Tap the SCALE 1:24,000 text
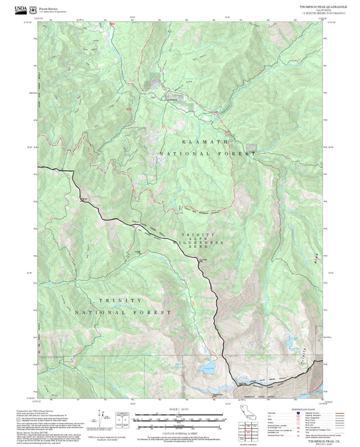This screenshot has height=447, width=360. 180,408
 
